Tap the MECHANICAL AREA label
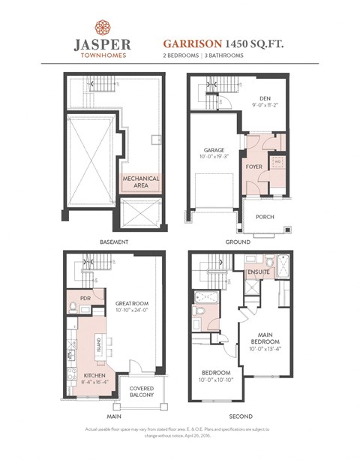click(x=141, y=182)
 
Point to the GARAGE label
click(x=211, y=151)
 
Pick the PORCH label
click(x=264, y=217)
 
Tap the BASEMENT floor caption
click(x=114, y=242)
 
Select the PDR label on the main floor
click(x=75, y=296)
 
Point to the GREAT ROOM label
click(x=133, y=305)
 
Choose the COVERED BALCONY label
click(x=141, y=392)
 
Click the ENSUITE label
click(x=259, y=272)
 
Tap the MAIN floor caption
click(x=114, y=415)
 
